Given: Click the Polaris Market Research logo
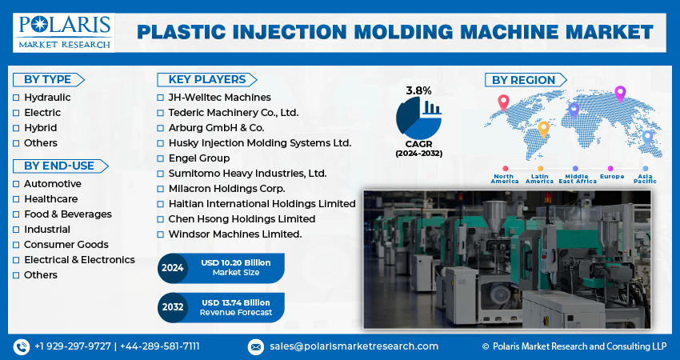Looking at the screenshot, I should (63, 31).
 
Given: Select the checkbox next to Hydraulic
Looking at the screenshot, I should (16, 97).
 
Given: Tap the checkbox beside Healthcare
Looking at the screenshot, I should (16, 199).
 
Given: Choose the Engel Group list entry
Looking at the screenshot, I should (199, 158).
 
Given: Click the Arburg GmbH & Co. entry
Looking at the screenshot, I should (215, 128).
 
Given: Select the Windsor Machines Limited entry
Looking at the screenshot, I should (234, 234).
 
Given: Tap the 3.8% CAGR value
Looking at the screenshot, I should (418, 90).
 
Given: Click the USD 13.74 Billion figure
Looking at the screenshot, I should (236, 302).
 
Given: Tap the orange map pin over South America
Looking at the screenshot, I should (543, 127).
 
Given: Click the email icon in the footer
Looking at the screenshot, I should (256, 346).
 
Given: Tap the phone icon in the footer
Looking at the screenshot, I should (21, 346).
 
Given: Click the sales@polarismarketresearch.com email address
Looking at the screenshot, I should (354, 346).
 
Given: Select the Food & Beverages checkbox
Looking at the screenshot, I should (16, 214).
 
